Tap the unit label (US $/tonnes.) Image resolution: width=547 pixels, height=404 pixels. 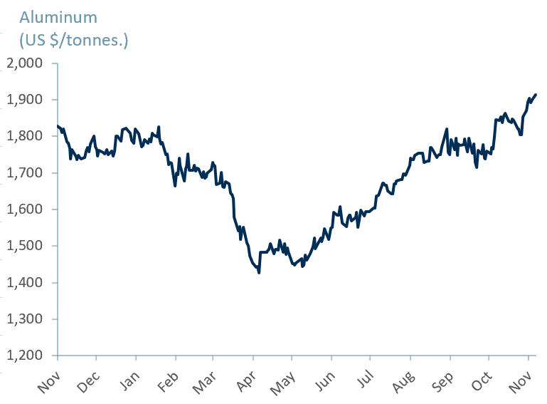[x=74, y=40]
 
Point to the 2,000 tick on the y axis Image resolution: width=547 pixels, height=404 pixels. [x=24, y=63]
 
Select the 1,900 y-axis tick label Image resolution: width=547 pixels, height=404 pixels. [x=24, y=100]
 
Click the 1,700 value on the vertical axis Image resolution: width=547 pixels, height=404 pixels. [x=24, y=173]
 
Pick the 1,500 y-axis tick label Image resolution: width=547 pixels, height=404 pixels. [x=24, y=247]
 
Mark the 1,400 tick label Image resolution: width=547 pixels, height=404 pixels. [x=24, y=283]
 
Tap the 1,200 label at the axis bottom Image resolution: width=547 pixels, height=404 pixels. [x=24, y=356]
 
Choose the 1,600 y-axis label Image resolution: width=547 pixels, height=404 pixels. [x=24, y=209]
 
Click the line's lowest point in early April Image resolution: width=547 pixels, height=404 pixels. [x=259, y=272]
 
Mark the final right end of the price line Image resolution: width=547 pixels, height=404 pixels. [x=536, y=95]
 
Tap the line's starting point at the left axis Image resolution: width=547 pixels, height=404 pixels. [x=58, y=126]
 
